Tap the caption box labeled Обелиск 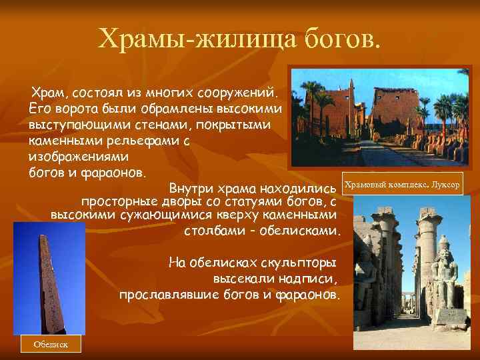click(x=50, y=343)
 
